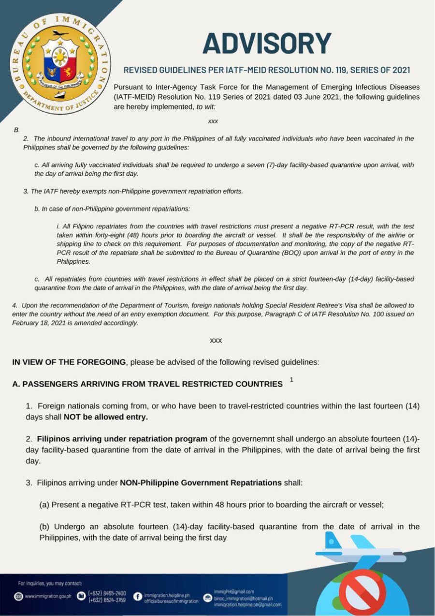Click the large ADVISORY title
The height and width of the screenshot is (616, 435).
tap(267, 44)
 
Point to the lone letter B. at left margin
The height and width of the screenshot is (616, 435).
tap(17, 130)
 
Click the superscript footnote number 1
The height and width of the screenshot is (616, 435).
tap(291, 380)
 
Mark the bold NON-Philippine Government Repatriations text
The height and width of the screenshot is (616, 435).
tap(201, 482)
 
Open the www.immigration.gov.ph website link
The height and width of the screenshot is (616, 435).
tap(47, 596)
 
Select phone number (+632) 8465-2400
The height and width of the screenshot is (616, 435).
tap(107, 593)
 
